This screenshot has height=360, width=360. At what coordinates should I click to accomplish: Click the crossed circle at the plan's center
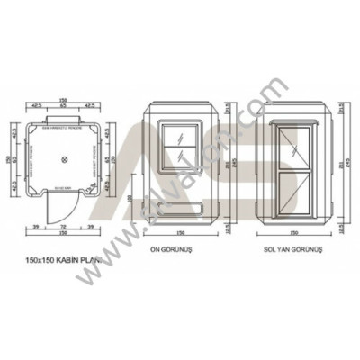pyautogui.click(x=63, y=159)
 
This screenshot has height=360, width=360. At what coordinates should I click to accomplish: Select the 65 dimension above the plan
pyautogui.click(x=63, y=105)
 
